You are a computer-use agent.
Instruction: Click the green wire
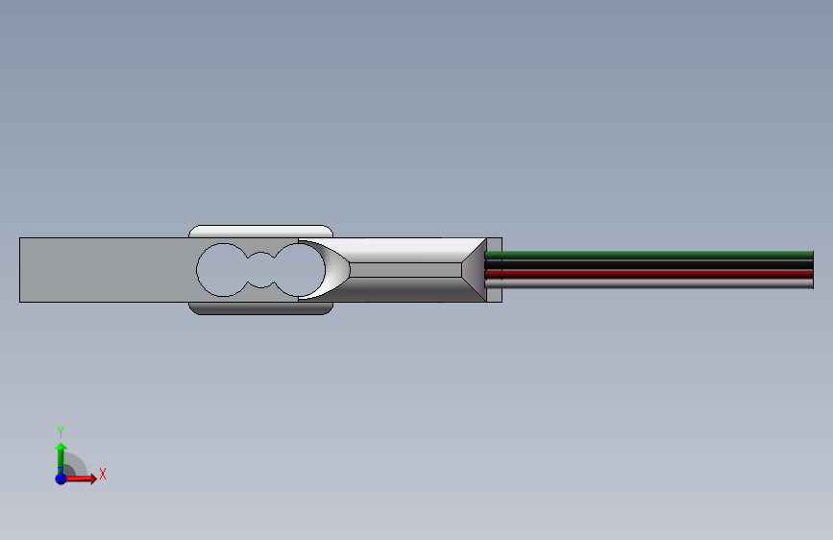click(649, 256)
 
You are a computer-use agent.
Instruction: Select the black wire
click(649, 264)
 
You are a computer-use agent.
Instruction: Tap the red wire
click(649, 274)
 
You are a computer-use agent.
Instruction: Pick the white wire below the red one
click(649, 283)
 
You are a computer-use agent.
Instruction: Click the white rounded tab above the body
click(260, 232)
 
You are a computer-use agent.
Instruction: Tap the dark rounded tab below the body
click(260, 308)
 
